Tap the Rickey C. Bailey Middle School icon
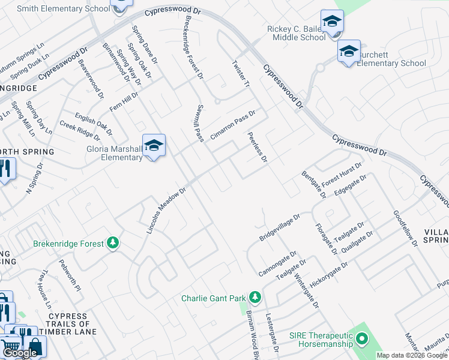332,22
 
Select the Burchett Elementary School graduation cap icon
349,52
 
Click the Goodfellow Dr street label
405,229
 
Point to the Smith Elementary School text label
63,9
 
